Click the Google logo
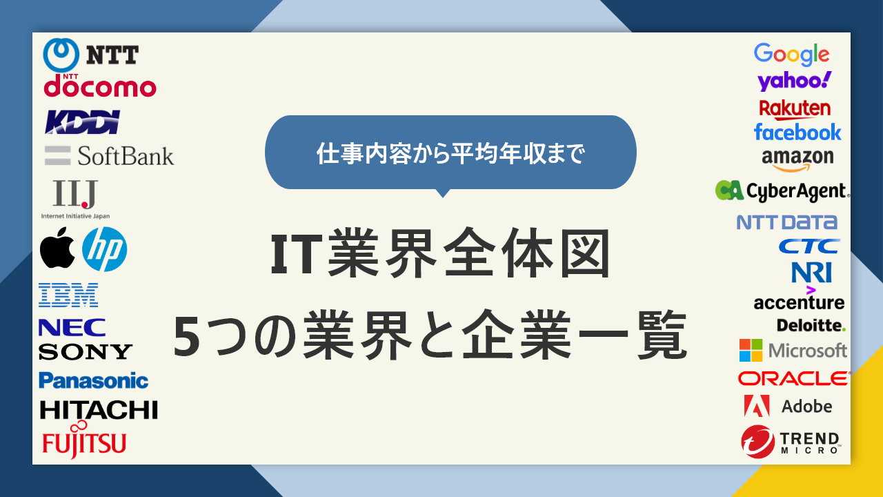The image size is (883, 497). pos(791,54)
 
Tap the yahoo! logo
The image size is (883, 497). pos(794,81)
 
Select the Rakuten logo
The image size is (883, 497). pos(795,108)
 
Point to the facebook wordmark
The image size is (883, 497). pos(797,131)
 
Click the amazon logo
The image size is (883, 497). pos(797,159)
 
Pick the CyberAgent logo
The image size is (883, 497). pos(782,191)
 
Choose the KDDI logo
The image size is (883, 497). pos(83,121)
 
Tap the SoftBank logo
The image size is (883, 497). pos(110,155)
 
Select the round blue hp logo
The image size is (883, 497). pos(105,248)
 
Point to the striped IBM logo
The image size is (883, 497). pos(68,295)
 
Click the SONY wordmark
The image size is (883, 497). pos(85,351)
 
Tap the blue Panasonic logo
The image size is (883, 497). pos(93,380)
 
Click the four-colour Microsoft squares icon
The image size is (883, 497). pos(751,351)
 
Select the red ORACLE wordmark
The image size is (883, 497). pos(793,378)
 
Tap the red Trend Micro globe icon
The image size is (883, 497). pos(757,442)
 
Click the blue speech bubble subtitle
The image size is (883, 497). pos(450,153)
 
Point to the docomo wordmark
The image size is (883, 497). pos(100,87)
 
